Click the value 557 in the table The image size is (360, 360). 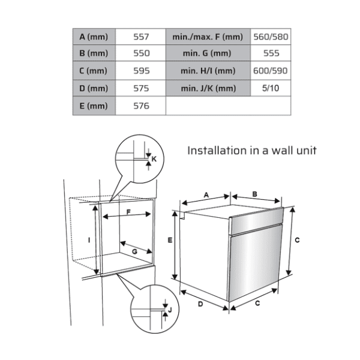click(141, 37)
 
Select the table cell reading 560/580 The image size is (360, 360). click(271, 37)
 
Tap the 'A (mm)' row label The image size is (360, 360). click(94, 37)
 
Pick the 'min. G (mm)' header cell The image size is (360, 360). click(207, 53)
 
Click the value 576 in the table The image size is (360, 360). click(141, 106)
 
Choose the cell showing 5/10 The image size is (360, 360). click(271, 88)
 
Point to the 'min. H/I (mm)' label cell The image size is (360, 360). click(208, 71)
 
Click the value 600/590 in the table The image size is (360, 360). click(271, 71)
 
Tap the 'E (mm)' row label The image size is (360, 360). click(94, 106)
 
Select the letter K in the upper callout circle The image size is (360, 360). click(154, 159)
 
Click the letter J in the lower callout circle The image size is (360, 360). click(170, 310)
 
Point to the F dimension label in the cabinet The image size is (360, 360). click(128, 212)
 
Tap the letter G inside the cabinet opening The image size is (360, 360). click(134, 251)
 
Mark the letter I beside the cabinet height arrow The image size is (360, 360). click(89, 240)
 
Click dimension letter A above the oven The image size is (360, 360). click(206, 195)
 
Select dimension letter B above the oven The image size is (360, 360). click(254, 194)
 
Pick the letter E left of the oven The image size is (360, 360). click(170, 240)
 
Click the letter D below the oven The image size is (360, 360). click(200, 304)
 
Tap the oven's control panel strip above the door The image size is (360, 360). click(256, 221)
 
